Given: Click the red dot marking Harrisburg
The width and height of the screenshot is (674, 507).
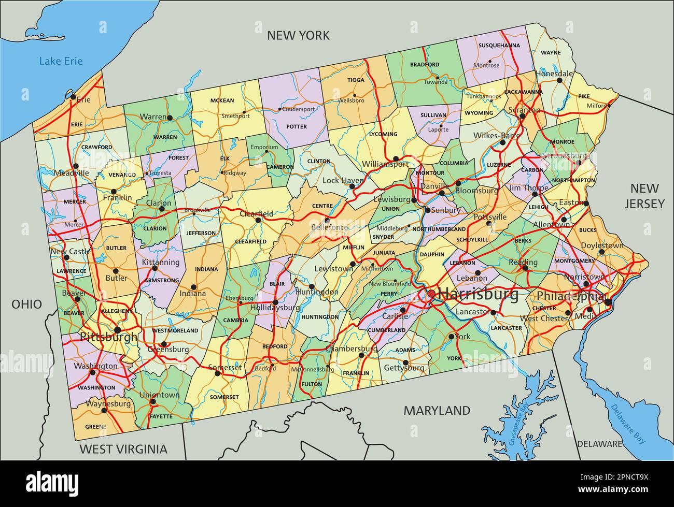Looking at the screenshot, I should click(x=431, y=294).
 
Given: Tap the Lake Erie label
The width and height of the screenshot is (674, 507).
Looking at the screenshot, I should click(x=61, y=61).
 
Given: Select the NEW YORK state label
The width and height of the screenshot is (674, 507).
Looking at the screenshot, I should click(x=298, y=35).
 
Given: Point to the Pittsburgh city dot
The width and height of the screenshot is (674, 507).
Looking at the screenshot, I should click(x=118, y=329).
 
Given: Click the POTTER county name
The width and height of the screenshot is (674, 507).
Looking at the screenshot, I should click(x=297, y=126).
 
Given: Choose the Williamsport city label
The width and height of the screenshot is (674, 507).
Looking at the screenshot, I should click(x=385, y=164).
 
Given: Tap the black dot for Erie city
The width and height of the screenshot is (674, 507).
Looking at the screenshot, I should click(x=73, y=96).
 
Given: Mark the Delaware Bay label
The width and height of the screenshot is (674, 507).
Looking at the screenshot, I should click(x=628, y=423).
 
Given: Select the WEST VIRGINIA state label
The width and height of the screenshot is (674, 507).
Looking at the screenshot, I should click(x=123, y=449).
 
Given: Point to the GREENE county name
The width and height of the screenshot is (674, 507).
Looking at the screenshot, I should click(x=95, y=427).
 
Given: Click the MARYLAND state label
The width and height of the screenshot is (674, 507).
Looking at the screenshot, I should click(x=437, y=411).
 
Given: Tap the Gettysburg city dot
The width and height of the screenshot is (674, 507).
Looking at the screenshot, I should click(x=405, y=363).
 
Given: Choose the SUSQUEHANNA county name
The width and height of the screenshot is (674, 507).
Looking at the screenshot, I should click(x=499, y=45).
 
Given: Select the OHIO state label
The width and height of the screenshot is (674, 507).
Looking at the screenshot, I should click(x=26, y=304).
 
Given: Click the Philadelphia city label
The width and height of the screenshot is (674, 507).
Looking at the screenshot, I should click(x=571, y=296).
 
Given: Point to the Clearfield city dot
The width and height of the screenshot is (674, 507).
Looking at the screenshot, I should click(x=258, y=220).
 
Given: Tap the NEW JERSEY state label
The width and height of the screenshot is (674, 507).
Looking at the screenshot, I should click(x=644, y=196).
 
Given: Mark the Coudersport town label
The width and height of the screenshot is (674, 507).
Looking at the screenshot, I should click(x=298, y=109).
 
